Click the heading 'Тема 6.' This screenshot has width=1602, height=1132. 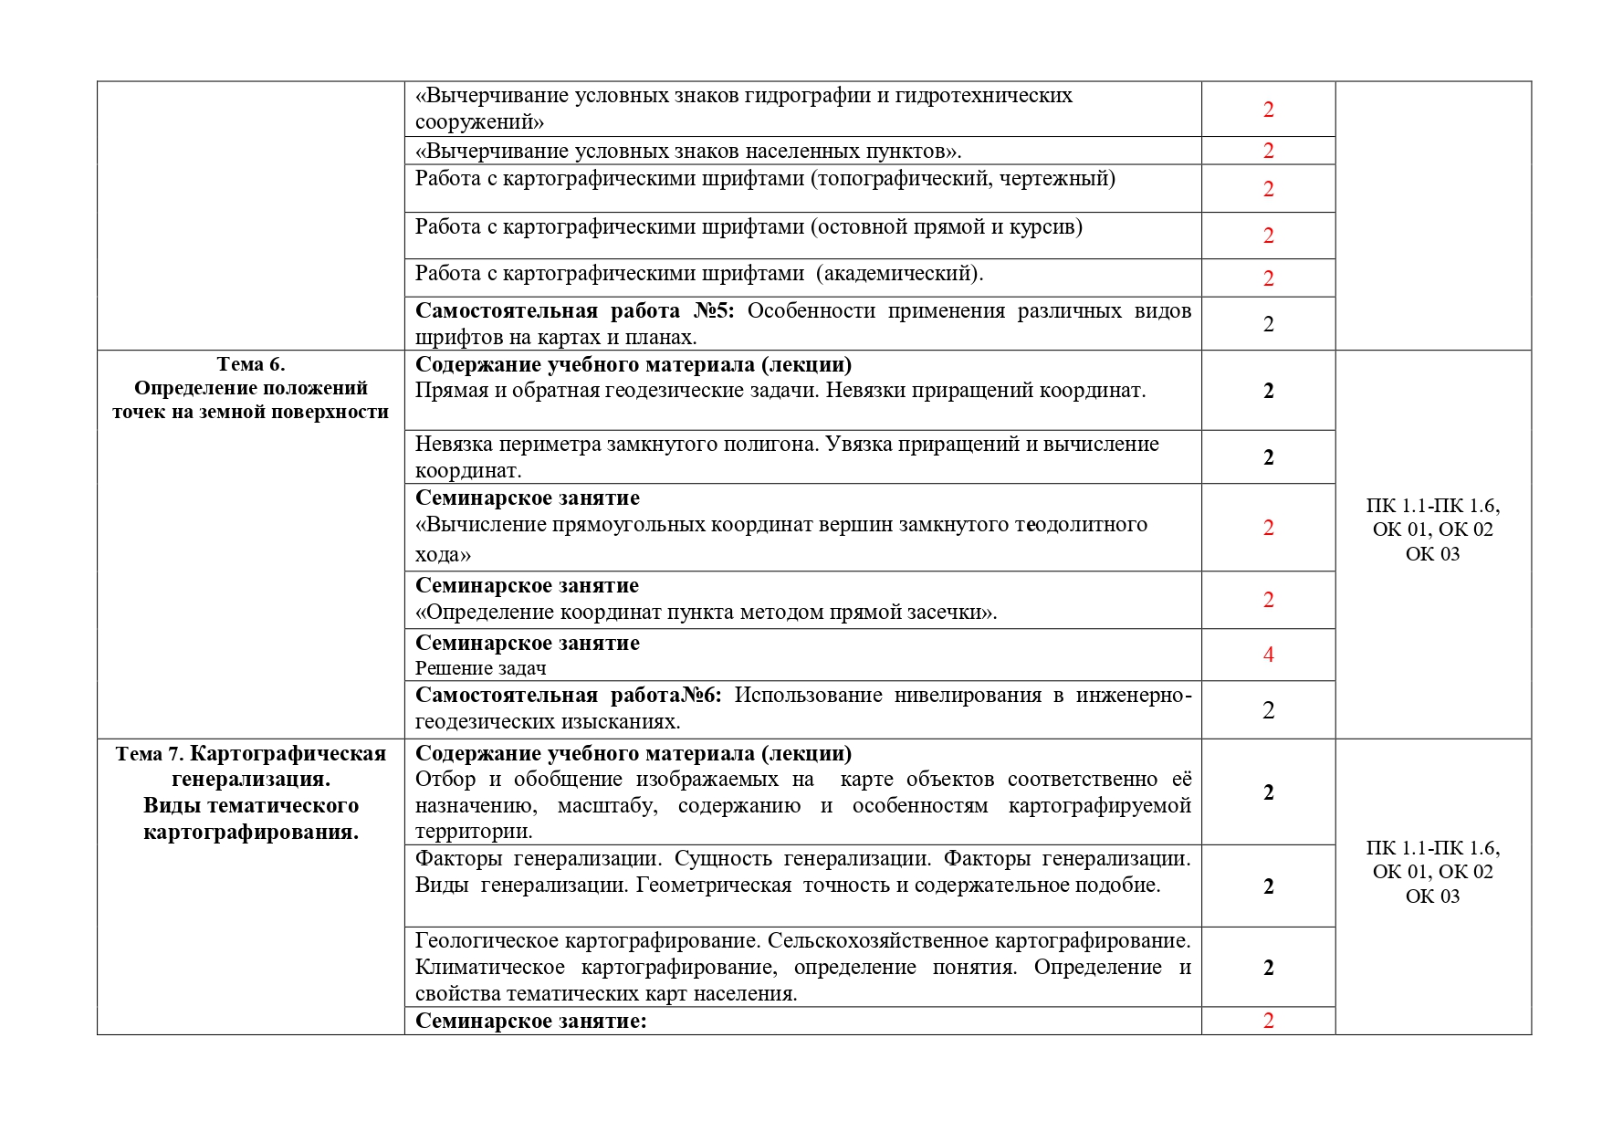251,364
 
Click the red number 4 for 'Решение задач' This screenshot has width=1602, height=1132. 1268,655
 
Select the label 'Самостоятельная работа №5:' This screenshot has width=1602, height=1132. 574,311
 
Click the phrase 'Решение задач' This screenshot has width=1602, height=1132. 480,668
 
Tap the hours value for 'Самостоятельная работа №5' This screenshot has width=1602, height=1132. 1268,324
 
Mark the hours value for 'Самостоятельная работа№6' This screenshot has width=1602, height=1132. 1268,710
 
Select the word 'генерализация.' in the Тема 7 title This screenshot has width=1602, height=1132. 251,780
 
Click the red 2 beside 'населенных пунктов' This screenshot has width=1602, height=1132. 1268,151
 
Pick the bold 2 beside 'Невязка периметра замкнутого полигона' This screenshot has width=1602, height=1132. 1268,457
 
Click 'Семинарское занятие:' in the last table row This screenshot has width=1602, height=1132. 530,1021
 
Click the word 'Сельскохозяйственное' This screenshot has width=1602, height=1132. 877,940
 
